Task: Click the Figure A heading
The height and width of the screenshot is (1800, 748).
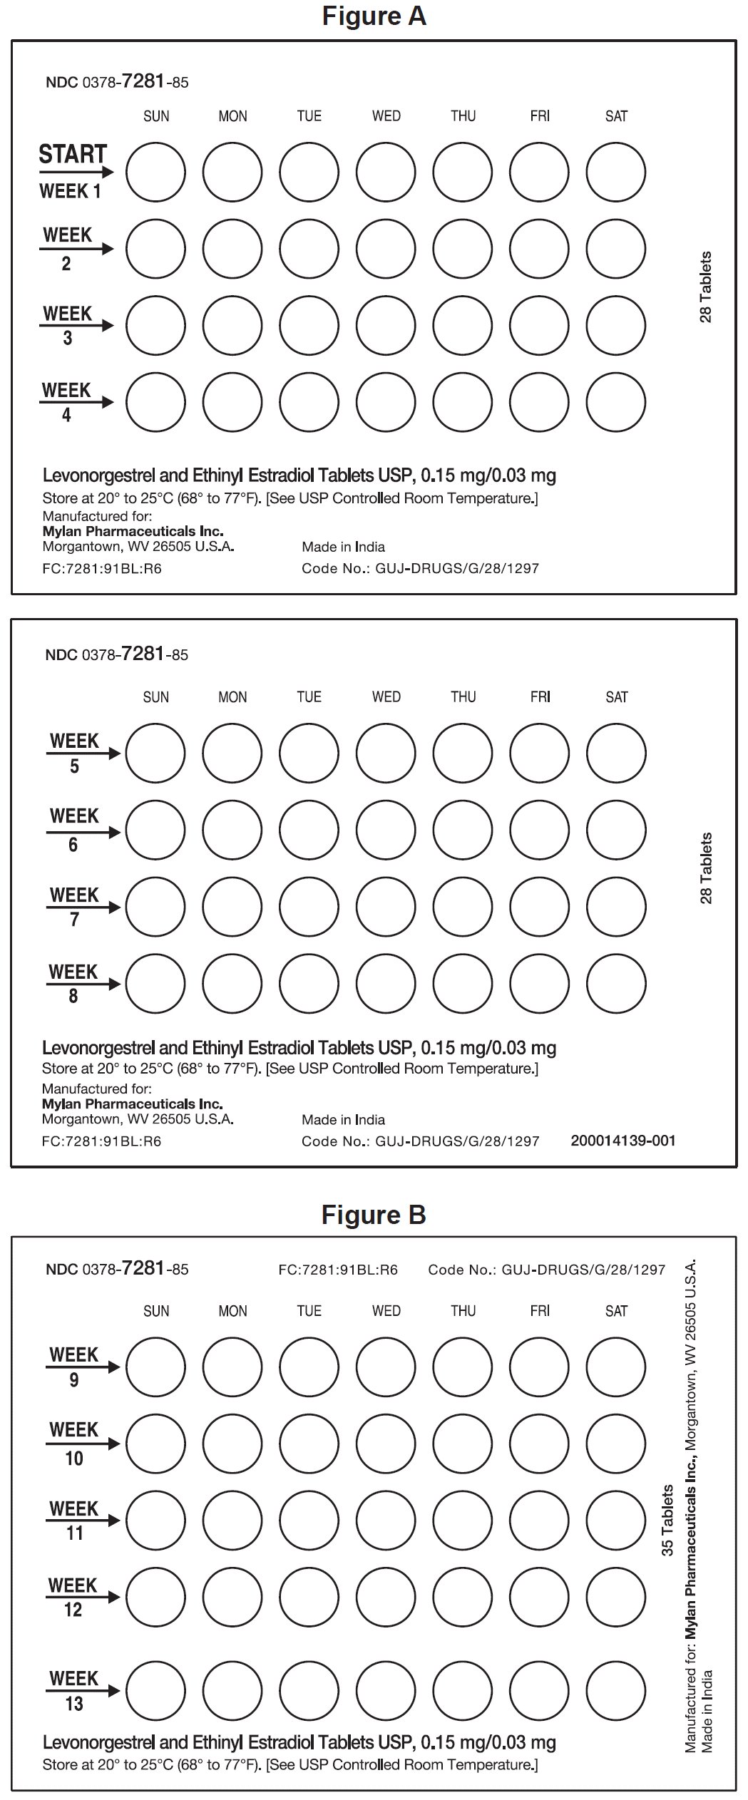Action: tap(374, 16)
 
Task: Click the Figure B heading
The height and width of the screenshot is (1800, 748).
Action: tap(374, 1214)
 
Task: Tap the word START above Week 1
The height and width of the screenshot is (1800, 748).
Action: tap(72, 154)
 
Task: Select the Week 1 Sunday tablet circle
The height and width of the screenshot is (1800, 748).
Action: tap(155, 172)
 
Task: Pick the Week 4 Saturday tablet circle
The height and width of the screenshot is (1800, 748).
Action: tap(616, 402)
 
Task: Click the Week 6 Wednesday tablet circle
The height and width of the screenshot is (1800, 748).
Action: tap(386, 830)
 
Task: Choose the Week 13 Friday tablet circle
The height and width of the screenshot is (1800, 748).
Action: tap(540, 1691)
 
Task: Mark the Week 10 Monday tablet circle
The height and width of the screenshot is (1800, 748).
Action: tap(232, 1444)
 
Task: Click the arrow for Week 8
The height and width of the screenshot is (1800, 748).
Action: tap(83, 984)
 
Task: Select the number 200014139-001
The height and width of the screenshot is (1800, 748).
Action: tap(623, 1141)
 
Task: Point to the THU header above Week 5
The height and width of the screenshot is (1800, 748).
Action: tap(463, 697)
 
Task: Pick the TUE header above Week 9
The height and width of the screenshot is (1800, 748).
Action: tap(309, 1311)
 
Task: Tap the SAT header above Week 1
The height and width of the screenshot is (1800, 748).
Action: tap(616, 116)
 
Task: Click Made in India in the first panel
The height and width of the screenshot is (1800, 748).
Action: tap(343, 547)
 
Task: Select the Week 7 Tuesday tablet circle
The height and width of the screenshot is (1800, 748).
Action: tap(309, 907)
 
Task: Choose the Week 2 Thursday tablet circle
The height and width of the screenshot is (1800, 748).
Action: tap(463, 249)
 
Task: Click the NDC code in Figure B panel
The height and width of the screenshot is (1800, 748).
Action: tap(117, 1268)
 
